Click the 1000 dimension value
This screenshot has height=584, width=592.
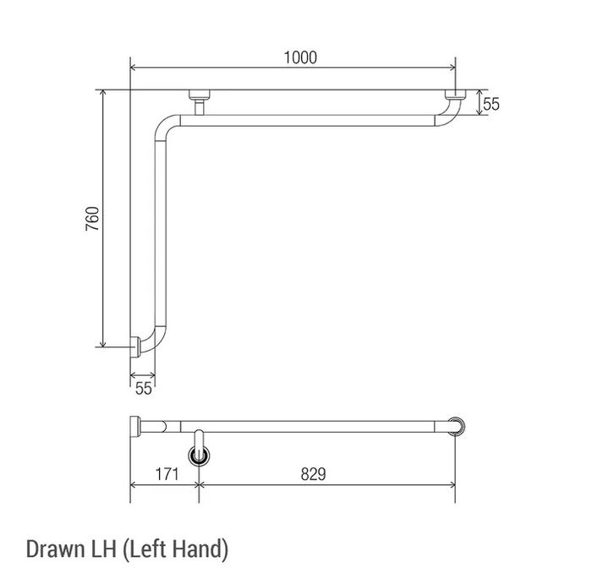(300, 57)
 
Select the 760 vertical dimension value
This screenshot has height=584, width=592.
(92, 218)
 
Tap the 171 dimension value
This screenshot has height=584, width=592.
(167, 474)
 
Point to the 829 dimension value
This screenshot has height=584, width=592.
(313, 474)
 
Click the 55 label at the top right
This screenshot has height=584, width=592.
(491, 104)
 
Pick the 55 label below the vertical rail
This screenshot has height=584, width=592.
(144, 389)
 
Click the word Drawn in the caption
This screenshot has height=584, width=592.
(56, 549)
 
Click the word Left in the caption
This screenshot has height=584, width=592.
(147, 549)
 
